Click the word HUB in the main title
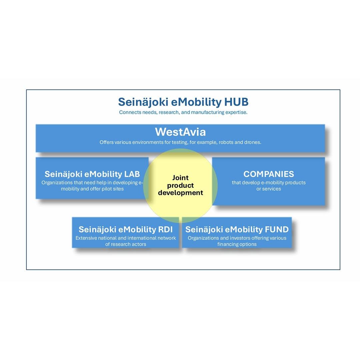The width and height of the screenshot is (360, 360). (236, 102)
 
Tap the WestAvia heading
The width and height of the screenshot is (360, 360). (180, 132)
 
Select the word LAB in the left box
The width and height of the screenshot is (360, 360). (132, 174)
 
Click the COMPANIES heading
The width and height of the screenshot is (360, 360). (269, 174)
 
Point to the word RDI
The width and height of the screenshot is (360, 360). (165, 229)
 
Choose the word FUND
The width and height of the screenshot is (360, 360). (277, 229)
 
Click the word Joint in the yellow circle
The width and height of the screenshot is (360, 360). (180, 178)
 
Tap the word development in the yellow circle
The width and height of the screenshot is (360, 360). (180, 193)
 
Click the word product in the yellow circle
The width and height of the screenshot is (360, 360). (180, 186)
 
